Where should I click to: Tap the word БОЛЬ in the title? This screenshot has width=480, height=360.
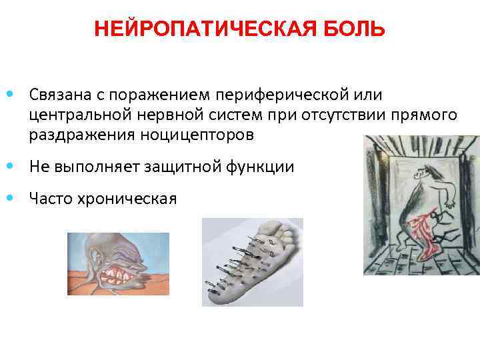(361, 29)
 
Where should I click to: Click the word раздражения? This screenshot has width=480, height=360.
(81, 135)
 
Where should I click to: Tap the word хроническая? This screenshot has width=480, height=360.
(129, 198)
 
